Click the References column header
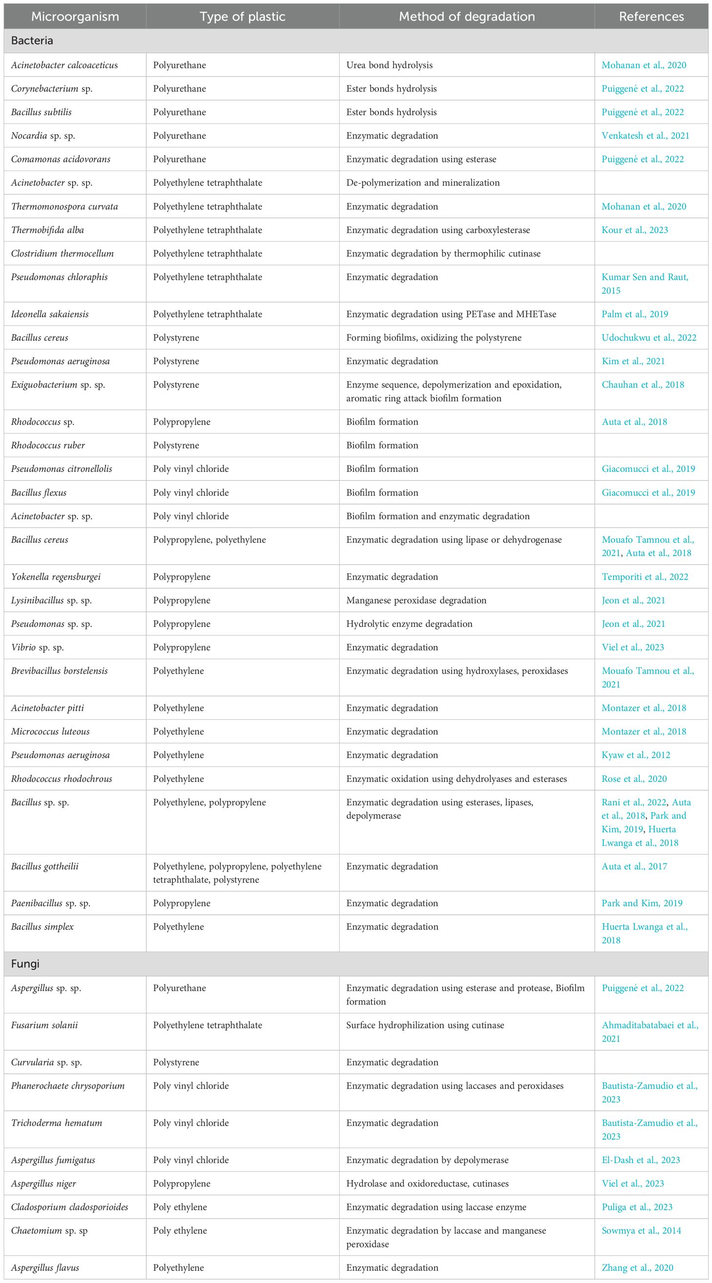651,17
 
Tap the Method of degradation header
466,17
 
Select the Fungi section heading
25,963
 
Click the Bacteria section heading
32,41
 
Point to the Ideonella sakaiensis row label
50,314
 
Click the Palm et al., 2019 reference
635,314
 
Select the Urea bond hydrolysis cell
389,65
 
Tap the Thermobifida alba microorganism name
47,230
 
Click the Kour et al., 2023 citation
634,230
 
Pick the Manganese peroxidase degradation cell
416,600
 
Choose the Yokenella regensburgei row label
56,577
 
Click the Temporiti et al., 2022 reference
645,577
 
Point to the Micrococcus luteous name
50,731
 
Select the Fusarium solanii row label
44,1025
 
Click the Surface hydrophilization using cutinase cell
425,1025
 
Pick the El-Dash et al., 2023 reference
640,1160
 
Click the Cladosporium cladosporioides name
69,1207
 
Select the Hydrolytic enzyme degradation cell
409,623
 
